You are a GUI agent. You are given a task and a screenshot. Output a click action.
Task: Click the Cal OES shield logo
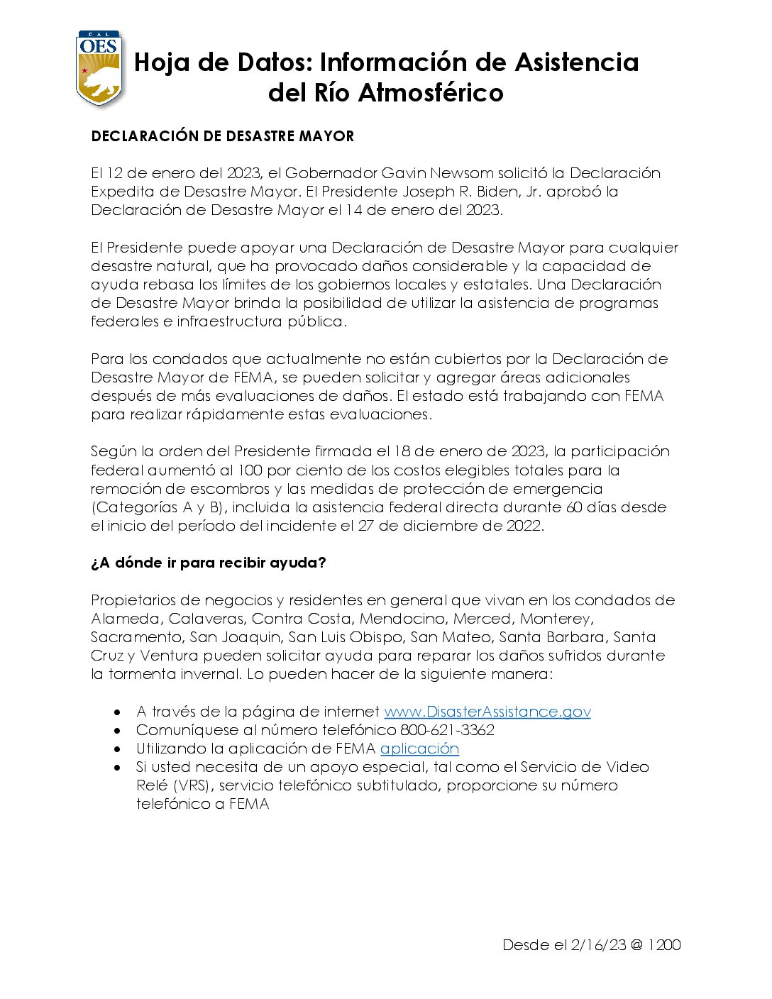pos(99,68)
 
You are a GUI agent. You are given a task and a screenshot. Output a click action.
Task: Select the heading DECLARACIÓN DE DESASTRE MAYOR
pos(222,136)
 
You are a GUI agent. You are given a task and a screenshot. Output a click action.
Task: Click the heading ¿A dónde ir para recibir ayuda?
pos(208,563)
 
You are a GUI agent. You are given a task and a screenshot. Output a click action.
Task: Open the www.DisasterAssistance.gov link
pos(487,712)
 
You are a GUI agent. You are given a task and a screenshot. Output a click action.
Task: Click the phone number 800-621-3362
pos(447,730)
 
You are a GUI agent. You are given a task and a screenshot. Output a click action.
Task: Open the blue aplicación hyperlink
pos(419,749)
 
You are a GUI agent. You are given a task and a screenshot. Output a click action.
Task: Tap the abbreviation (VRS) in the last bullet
pos(190,785)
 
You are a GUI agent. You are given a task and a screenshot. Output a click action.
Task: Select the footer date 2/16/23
pos(597,945)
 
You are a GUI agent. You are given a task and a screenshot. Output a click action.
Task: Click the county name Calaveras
pos(206,619)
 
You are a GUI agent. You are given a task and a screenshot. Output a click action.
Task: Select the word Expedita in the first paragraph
pos(125,192)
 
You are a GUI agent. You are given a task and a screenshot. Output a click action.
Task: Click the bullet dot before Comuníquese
pos(118,730)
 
